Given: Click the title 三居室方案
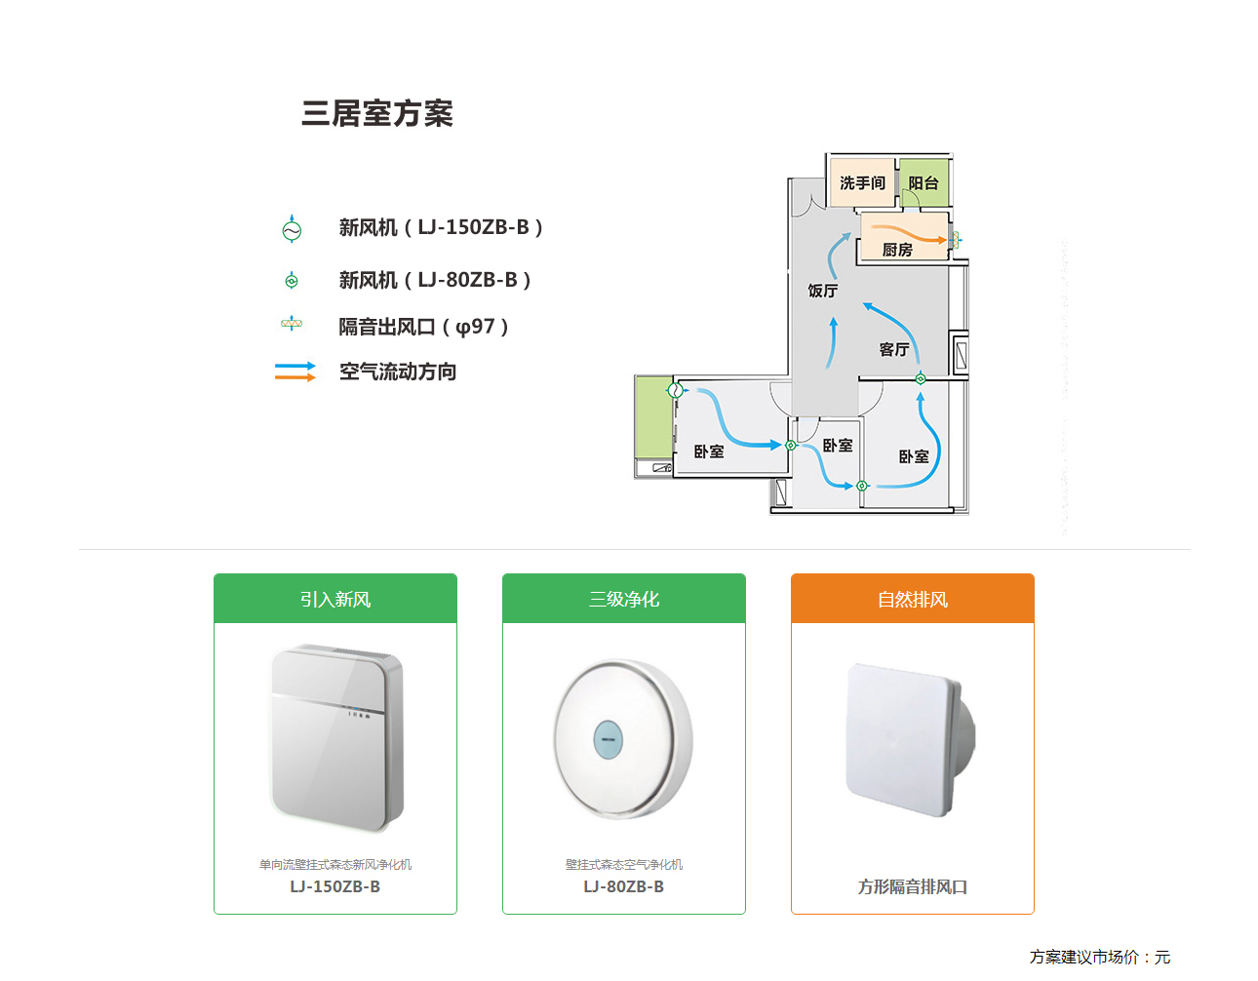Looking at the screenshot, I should point(377,114).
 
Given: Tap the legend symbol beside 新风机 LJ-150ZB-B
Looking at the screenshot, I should point(292,229).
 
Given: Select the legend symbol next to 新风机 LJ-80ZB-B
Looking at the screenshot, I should point(292,281).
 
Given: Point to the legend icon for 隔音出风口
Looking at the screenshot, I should point(292,324).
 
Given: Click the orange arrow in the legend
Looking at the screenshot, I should point(295,377).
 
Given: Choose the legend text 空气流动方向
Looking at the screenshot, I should point(398,372).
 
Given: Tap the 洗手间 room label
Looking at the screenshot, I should point(862,183).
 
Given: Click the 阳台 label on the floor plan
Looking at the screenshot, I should point(923,183).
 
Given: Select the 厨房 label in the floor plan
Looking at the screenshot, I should point(897,251).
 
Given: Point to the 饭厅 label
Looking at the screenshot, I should point(822,291).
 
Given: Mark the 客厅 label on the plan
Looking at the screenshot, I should point(893,349).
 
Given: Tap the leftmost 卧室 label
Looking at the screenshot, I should point(709,451).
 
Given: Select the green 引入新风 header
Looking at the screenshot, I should point(335,599).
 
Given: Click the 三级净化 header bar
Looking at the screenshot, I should point(624,599).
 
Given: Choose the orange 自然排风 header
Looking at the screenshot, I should point(913,599).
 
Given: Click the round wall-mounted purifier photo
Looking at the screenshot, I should point(623,738).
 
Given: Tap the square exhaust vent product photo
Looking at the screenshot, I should point(910,740).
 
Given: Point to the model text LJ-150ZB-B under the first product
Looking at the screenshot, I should point(335,886).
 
